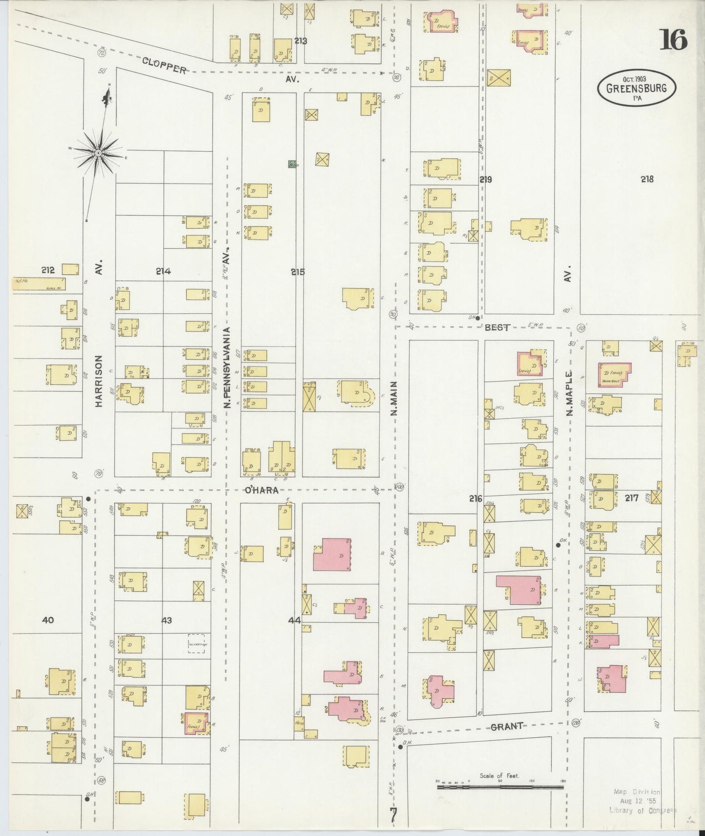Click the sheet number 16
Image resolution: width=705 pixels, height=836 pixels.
coord(674,40)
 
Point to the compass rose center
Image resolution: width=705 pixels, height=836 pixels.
coord(98,153)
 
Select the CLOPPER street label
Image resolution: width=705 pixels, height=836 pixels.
coord(164,65)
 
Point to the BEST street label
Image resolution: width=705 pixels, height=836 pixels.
coord(497,328)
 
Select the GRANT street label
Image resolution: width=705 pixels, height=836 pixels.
coord(507,726)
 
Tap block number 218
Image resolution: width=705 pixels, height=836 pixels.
coord(647,179)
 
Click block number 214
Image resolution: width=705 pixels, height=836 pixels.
coord(163,272)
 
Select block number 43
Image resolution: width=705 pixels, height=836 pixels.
coord(166,620)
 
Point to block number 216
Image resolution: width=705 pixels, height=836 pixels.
coord(475,498)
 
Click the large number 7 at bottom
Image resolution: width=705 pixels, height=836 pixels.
coord(393,816)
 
